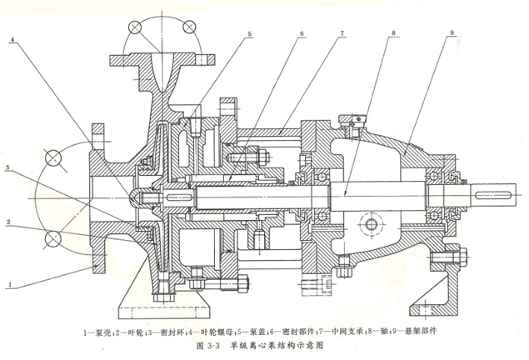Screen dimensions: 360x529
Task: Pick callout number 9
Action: pos(451,33)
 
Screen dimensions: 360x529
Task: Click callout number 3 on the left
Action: pos(7,168)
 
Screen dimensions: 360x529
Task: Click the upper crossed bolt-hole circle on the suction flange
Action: pos(55,157)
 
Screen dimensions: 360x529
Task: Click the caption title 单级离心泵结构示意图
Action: pos(283,344)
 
